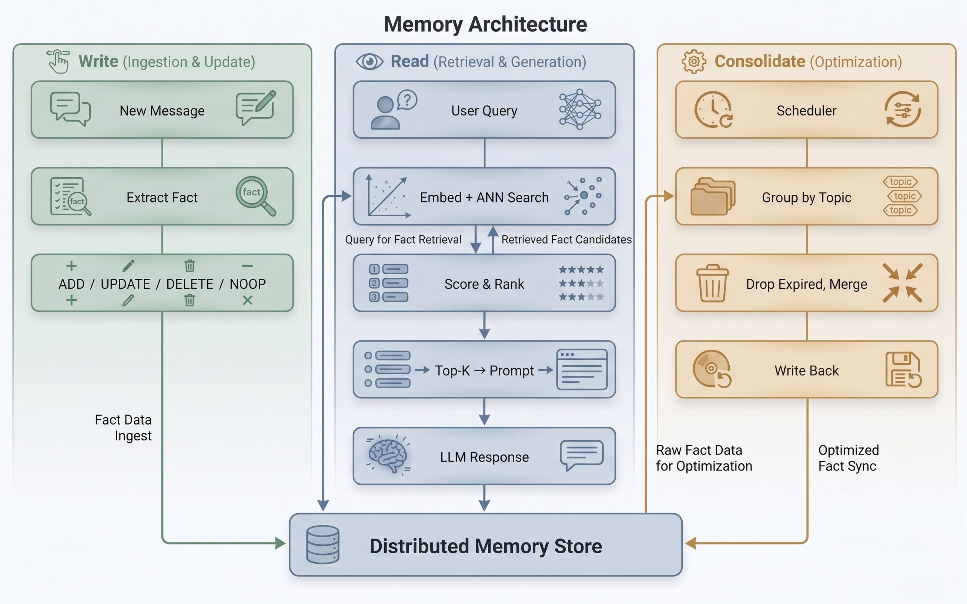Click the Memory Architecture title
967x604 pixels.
click(485, 24)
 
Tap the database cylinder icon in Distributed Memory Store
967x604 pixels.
click(322, 544)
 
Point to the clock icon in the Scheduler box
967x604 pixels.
click(713, 110)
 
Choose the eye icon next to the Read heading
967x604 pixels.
click(369, 62)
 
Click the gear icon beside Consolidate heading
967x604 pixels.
click(694, 61)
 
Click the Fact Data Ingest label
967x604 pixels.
click(124, 427)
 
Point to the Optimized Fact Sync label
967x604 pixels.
click(848, 458)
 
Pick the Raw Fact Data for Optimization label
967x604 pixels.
click(704, 458)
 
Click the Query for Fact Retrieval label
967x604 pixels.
click(403, 239)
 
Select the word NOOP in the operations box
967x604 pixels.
click(248, 284)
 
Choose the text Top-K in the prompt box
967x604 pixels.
click(452, 371)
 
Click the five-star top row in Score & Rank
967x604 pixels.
click(581, 270)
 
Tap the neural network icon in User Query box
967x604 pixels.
click(580, 110)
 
